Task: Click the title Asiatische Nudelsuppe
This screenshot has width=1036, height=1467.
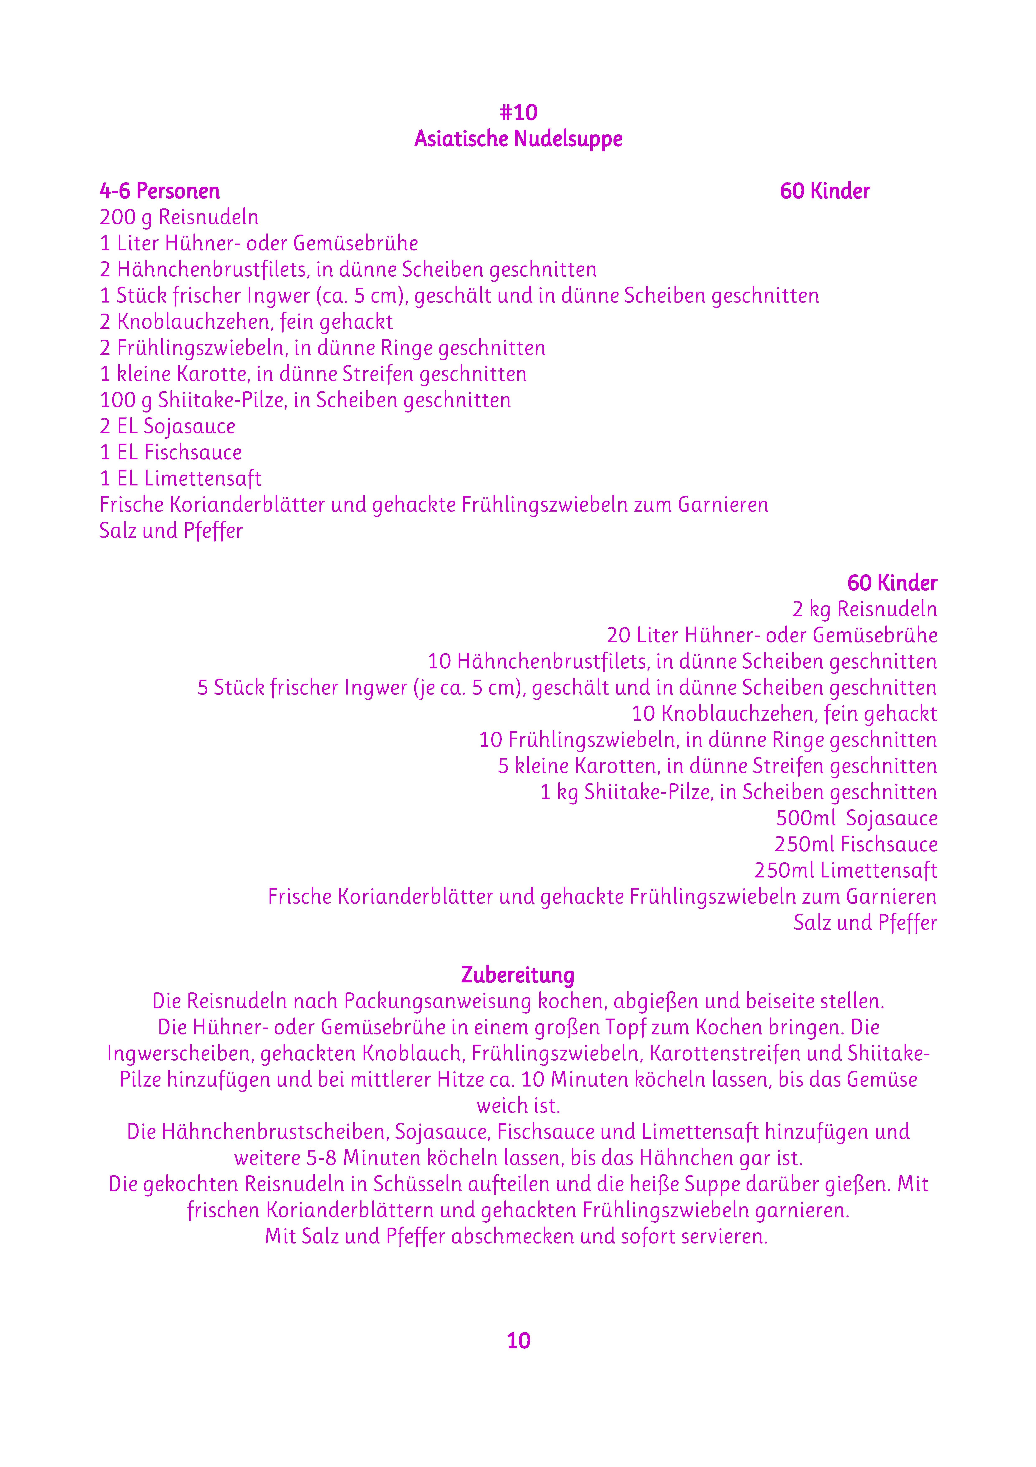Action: click(x=518, y=139)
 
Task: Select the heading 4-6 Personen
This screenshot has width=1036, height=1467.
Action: click(x=160, y=191)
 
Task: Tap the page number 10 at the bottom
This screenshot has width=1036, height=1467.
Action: click(x=518, y=1341)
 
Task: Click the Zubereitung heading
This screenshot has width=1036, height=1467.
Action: click(x=518, y=975)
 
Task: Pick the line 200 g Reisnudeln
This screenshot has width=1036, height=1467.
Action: click(x=179, y=217)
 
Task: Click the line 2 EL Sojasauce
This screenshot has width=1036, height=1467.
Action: click(x=167, y=426)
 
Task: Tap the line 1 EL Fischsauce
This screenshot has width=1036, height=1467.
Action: click(x=171, y=452)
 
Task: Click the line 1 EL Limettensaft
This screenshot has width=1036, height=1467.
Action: click(x=180, y=479)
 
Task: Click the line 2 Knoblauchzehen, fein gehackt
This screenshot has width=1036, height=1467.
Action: click(x=246, y=322)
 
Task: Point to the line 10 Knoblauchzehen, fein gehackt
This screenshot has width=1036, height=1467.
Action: click(x=784, y=714)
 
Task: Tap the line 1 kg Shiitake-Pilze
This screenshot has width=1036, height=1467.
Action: click(x=738, y=792)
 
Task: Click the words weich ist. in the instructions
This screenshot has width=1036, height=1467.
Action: click(x=518, y=1105)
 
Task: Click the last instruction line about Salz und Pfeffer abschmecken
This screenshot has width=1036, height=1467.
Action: click(x=516, y=1236)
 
